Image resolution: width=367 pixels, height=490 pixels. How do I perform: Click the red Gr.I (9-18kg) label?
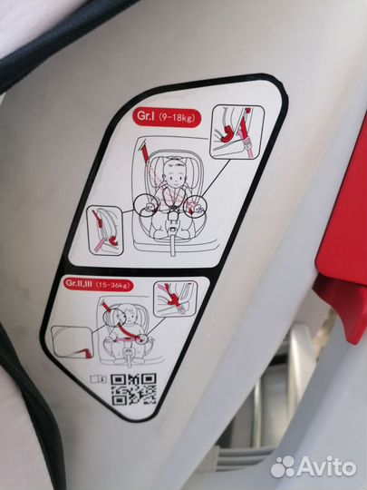tap(167, 117)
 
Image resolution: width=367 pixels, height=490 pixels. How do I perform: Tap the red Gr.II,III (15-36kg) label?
tap(99, 284)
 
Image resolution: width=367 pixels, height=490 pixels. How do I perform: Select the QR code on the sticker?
tap(133, 389)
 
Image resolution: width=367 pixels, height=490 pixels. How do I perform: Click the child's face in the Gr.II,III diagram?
tap(130, 318)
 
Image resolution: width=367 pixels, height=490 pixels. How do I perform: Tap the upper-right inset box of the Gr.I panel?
tap(237, 132)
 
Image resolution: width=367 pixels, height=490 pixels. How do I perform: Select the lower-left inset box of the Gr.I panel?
tap(104, 230)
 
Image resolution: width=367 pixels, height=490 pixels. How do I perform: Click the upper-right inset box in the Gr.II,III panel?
tap(176, 299)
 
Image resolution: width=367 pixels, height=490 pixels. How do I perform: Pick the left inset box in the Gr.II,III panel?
tap(72, 342)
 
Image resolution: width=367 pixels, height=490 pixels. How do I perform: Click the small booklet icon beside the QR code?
tap(98, 379)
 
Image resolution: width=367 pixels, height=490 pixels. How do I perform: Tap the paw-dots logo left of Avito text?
tap(283, 467)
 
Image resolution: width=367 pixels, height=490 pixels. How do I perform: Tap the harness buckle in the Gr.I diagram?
tap(172, 216)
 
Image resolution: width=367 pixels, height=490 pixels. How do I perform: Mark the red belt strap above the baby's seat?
tap(145, 152)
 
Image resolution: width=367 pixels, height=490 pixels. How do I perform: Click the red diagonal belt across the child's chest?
tap(123, 331)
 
